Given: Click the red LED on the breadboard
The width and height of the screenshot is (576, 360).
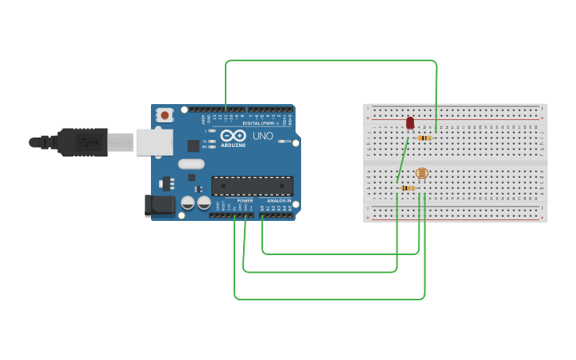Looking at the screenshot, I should point(410,123).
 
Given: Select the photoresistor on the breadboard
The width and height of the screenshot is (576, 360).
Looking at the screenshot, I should point(422,173).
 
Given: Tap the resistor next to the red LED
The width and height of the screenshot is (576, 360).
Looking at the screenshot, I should point(425,138).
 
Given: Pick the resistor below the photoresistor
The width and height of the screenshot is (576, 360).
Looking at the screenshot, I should point(408,188).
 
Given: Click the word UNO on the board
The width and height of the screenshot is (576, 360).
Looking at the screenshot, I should point(263,136).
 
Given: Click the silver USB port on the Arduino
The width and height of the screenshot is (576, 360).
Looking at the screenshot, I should point(154,142).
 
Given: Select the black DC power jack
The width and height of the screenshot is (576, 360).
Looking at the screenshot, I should point(160,205).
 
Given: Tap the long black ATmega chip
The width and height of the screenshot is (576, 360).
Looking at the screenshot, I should point(252,186).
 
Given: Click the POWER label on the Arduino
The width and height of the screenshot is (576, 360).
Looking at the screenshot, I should point(245,201).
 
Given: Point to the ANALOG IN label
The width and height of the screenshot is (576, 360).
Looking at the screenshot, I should point(277,201).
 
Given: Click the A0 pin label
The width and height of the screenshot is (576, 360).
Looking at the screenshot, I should point(262,208).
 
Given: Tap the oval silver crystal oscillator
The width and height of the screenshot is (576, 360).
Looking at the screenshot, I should point(191,165).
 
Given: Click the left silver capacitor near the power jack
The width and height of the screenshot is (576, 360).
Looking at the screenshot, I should point(187,203).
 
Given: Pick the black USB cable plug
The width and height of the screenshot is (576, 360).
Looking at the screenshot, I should point(83,142).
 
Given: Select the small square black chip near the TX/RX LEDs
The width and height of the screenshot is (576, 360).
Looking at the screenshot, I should point(193,145).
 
